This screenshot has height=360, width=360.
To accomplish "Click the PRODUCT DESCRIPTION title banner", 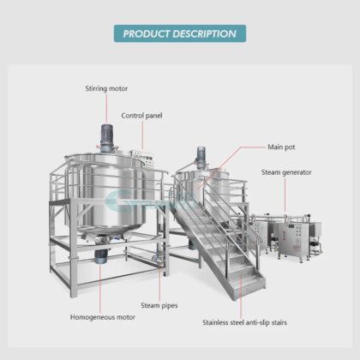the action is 180,33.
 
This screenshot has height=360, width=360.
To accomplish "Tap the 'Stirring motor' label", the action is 106,88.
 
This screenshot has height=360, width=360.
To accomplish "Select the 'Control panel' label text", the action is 141,116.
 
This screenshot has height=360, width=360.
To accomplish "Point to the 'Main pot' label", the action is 281,147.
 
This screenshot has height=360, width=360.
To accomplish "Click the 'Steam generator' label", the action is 286,172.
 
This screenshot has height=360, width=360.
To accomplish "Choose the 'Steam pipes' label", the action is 159,306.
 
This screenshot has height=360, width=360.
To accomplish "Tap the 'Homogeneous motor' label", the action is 103,317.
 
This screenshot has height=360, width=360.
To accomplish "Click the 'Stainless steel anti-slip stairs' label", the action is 244,322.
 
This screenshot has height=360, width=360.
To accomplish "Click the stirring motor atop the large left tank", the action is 107,138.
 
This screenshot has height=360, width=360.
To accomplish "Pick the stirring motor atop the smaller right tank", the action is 201,157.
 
